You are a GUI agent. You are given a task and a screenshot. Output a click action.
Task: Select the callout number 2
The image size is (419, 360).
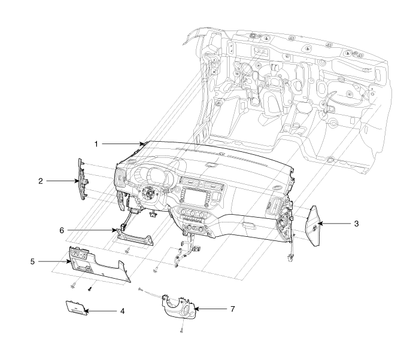click(x=40, y=179)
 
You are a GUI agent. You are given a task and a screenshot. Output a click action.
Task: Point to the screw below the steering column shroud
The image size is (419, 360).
click(x=181, y=330)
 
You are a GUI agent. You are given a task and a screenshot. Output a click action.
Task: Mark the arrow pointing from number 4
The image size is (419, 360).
click(x=102, y=311)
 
